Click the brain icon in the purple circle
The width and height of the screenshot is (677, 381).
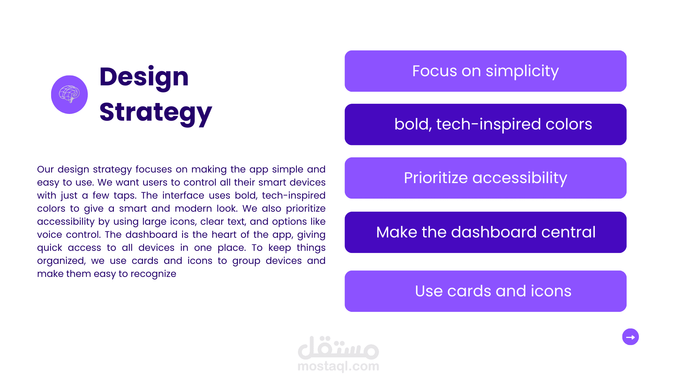[69, 94]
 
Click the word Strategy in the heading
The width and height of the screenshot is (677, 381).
[155, 113]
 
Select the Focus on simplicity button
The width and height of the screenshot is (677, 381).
[486, 71]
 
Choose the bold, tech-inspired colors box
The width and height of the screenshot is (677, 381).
[486, 124]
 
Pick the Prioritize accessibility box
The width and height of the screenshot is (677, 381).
[486, 178]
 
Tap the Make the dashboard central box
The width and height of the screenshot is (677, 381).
[486, 232]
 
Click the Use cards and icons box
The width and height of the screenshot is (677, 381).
[486, 291]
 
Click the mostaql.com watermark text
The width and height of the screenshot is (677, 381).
[338, 366]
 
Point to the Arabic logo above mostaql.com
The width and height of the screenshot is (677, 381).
[338, 347]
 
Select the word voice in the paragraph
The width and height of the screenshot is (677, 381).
[49, 235]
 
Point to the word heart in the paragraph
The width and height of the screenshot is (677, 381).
[224, 235]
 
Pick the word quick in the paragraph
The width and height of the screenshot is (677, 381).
[49, 248]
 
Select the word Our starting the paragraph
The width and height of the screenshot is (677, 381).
[45, 169]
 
